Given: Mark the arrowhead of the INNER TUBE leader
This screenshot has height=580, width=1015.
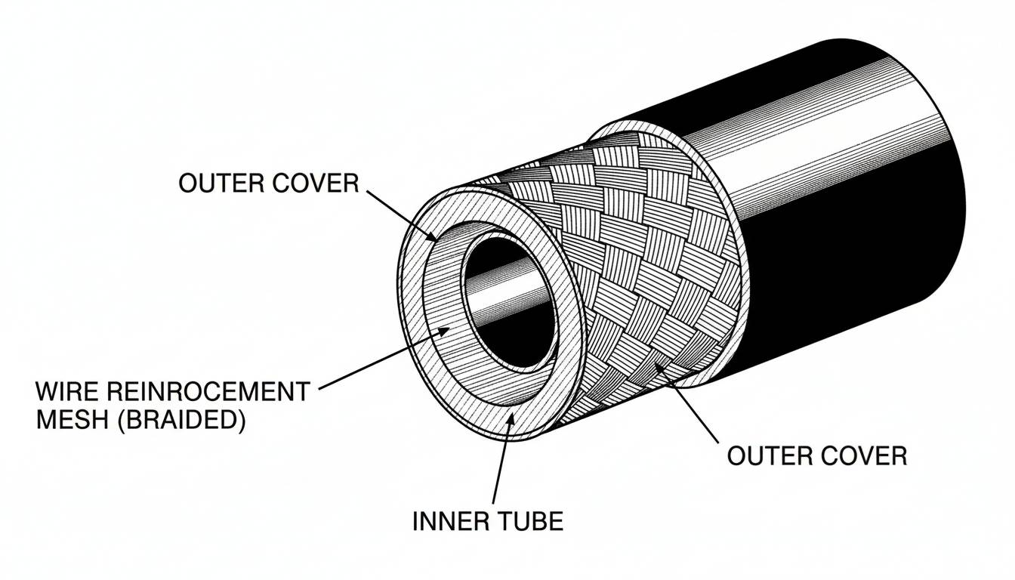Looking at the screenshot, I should click(511, 418).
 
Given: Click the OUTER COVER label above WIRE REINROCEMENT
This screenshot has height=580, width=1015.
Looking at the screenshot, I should click(268, 183).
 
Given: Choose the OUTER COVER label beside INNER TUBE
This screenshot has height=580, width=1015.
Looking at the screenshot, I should click(816, 455).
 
